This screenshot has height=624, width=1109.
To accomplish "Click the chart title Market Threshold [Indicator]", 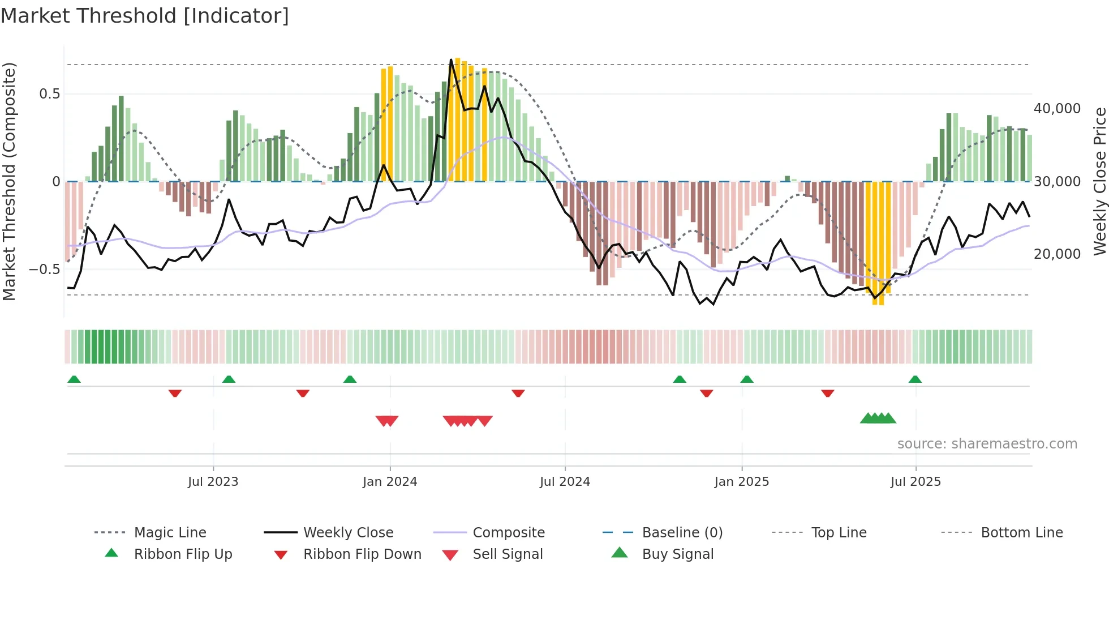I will tap(145, 16).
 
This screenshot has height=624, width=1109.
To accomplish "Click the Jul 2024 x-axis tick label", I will tap(565, 481).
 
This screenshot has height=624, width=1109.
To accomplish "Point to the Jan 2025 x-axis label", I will tap(741, 481).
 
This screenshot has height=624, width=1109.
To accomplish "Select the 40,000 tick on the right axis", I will tap(1057, 108).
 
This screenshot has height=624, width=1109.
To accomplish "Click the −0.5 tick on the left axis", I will tap(44, 269).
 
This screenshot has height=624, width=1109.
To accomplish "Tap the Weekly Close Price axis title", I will tap(1099, 181).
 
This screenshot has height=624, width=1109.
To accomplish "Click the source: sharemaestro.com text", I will tap(987, 444).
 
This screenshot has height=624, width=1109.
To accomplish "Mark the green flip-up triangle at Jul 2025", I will tap(915, 379).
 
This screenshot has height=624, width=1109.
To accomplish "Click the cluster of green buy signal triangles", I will tap(878, 418).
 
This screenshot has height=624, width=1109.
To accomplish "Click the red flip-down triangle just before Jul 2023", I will tap(175, 393).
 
